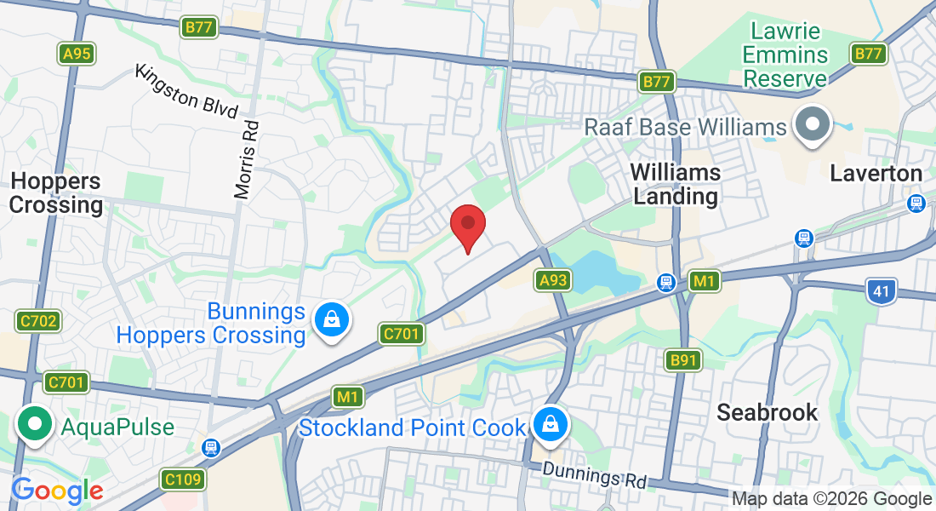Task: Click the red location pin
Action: point(467,225)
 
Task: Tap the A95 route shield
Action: point(77,54)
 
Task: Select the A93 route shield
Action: point(552,279)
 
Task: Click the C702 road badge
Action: point(37,321)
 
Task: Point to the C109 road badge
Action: point(183,479)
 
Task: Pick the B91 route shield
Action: point(683,360)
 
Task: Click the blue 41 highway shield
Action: point(882,291)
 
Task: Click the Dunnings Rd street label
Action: point(595,474)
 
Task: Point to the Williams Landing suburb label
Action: point(676,184)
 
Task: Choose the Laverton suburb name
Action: point(876,174)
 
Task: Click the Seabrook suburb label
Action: point(767,413)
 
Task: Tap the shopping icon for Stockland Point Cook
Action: point(551,423)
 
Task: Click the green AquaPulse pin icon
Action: point(35,424)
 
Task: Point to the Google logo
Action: point(57,491)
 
